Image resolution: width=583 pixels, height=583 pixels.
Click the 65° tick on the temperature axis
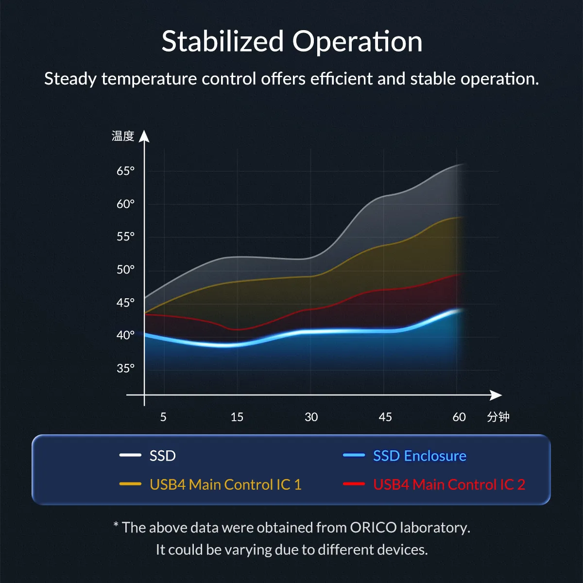(x=125, y=171)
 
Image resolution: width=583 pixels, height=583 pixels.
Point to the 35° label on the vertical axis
(x=125, y=368)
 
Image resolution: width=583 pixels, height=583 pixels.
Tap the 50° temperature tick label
(x=125, y=270)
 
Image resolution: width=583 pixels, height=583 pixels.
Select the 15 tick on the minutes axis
(x=237, y=417)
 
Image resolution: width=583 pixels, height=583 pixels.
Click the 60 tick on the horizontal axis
(x=459, y=417)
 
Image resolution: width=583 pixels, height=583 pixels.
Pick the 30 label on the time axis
(x=311, y=417)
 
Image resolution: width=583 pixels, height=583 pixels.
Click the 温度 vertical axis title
(x=122, y=136)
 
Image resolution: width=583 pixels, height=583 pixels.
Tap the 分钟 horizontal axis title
(x=498, y=417)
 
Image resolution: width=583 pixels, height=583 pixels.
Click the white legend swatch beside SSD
(x=130, y=455)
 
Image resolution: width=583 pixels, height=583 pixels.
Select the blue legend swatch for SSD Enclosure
(x=354, y=455)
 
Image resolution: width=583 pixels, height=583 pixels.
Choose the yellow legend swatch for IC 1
(x=130, y=484)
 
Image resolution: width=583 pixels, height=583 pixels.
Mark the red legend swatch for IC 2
(x=354, y=484)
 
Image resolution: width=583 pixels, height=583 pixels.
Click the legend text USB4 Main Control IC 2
(x=449, y=484)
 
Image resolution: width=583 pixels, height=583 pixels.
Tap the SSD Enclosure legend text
(x=419, y=456)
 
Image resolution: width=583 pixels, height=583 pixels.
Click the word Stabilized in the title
(x=223, y=41)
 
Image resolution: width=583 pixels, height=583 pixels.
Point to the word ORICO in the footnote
(x=373, y=528)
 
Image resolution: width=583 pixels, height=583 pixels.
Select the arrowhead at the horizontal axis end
(x=496, y=395)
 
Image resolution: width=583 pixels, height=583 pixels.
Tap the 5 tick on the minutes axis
(x=163, y=417)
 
